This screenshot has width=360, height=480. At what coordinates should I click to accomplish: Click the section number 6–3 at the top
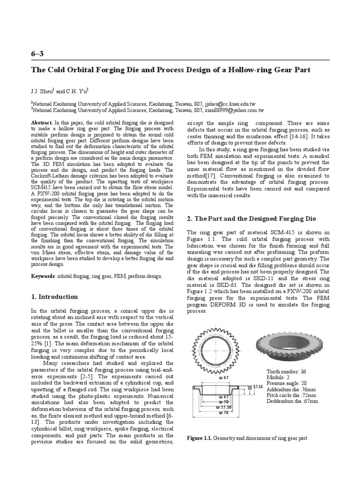point(37,53)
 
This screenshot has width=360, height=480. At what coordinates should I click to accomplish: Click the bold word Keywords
point(43,276)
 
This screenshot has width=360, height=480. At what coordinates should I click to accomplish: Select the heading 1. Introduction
point(54,297)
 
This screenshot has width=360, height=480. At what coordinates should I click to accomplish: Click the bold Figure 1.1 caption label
point(200,438)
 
